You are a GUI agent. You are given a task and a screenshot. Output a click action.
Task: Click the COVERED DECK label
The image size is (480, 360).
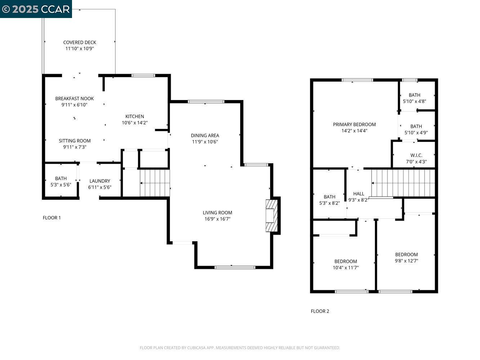tap(80, 42)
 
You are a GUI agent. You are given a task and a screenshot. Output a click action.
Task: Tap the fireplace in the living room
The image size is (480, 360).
tap(272, 215)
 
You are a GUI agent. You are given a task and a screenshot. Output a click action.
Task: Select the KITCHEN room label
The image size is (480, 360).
tap(135, 116)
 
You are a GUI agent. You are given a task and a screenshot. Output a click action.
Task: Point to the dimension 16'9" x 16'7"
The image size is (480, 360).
tap(217, 219)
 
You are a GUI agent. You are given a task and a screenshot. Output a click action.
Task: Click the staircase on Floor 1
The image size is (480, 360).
tap(154, 183)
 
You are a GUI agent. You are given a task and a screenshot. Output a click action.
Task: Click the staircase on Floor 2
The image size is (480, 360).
tap(403, 183)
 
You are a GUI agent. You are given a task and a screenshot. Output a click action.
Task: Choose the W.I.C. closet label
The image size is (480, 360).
tap(416, 155)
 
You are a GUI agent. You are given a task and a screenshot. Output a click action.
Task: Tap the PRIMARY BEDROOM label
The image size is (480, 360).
tap(354, 125)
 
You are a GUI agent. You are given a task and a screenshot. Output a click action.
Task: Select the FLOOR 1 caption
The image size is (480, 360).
tap(52, 218)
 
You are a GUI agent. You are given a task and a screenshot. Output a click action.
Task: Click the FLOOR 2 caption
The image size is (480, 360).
tap(320, 311)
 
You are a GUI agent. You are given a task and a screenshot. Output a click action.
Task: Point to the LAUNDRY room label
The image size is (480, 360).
tap(100, 181)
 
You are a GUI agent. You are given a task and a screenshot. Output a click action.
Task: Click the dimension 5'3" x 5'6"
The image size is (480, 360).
tap(61, 185)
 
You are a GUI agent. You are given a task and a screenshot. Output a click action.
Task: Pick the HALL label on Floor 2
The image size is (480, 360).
tap(359, 194)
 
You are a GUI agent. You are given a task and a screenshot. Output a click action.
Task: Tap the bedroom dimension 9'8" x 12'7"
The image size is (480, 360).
tap(406, 261)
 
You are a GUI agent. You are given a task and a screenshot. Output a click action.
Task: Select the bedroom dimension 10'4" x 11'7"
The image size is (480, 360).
tap(346, 267)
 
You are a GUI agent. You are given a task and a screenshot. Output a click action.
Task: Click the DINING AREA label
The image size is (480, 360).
tap(205, 135)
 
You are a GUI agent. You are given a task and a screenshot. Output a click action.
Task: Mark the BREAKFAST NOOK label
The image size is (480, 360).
tap(75, 99)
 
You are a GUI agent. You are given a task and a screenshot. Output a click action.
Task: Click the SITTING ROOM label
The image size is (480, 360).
tap(75, 141)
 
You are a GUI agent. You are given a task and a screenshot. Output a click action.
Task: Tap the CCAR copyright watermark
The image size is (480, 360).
tap(36, 9)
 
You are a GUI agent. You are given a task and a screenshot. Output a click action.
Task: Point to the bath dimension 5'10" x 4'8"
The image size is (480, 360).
tap(414, 102)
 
